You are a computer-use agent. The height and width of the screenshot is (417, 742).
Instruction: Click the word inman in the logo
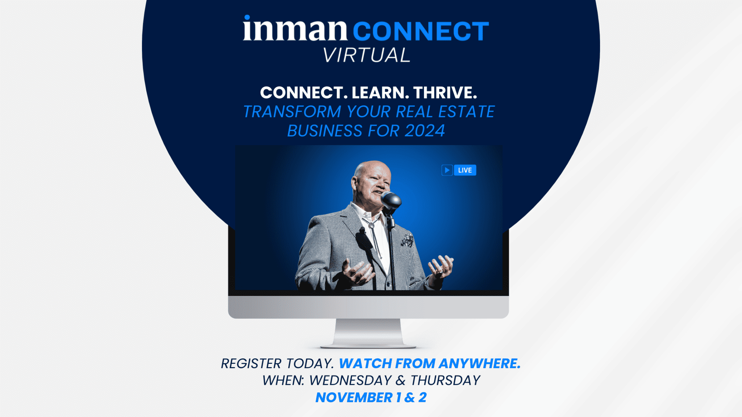coord(295,29)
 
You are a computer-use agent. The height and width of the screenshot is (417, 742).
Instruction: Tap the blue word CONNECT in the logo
coord(420,31)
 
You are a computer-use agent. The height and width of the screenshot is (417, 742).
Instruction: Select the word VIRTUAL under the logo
coord(366,55)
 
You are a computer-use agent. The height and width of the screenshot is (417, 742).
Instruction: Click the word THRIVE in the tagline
coord(445,93)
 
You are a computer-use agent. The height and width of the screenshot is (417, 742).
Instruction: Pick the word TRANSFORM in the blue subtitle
coord(292,112)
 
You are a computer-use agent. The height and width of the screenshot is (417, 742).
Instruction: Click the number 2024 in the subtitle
coord(425,131)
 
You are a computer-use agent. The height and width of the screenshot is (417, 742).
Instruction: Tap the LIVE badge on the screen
coord(465,170)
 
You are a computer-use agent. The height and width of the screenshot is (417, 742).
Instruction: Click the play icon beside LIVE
coord(447,170)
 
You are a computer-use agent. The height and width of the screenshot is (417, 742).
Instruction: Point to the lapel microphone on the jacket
coord(362,232)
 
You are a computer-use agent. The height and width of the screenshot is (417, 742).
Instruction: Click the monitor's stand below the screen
coord(368,333)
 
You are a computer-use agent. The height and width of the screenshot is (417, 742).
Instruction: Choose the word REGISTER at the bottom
coord(251,363)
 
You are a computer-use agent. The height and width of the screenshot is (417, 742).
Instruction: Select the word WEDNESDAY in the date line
coord(350,380)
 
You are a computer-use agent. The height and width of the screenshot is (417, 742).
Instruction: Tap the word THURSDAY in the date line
coord(445,380)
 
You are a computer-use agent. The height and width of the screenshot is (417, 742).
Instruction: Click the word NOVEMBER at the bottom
coord(354,397)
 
